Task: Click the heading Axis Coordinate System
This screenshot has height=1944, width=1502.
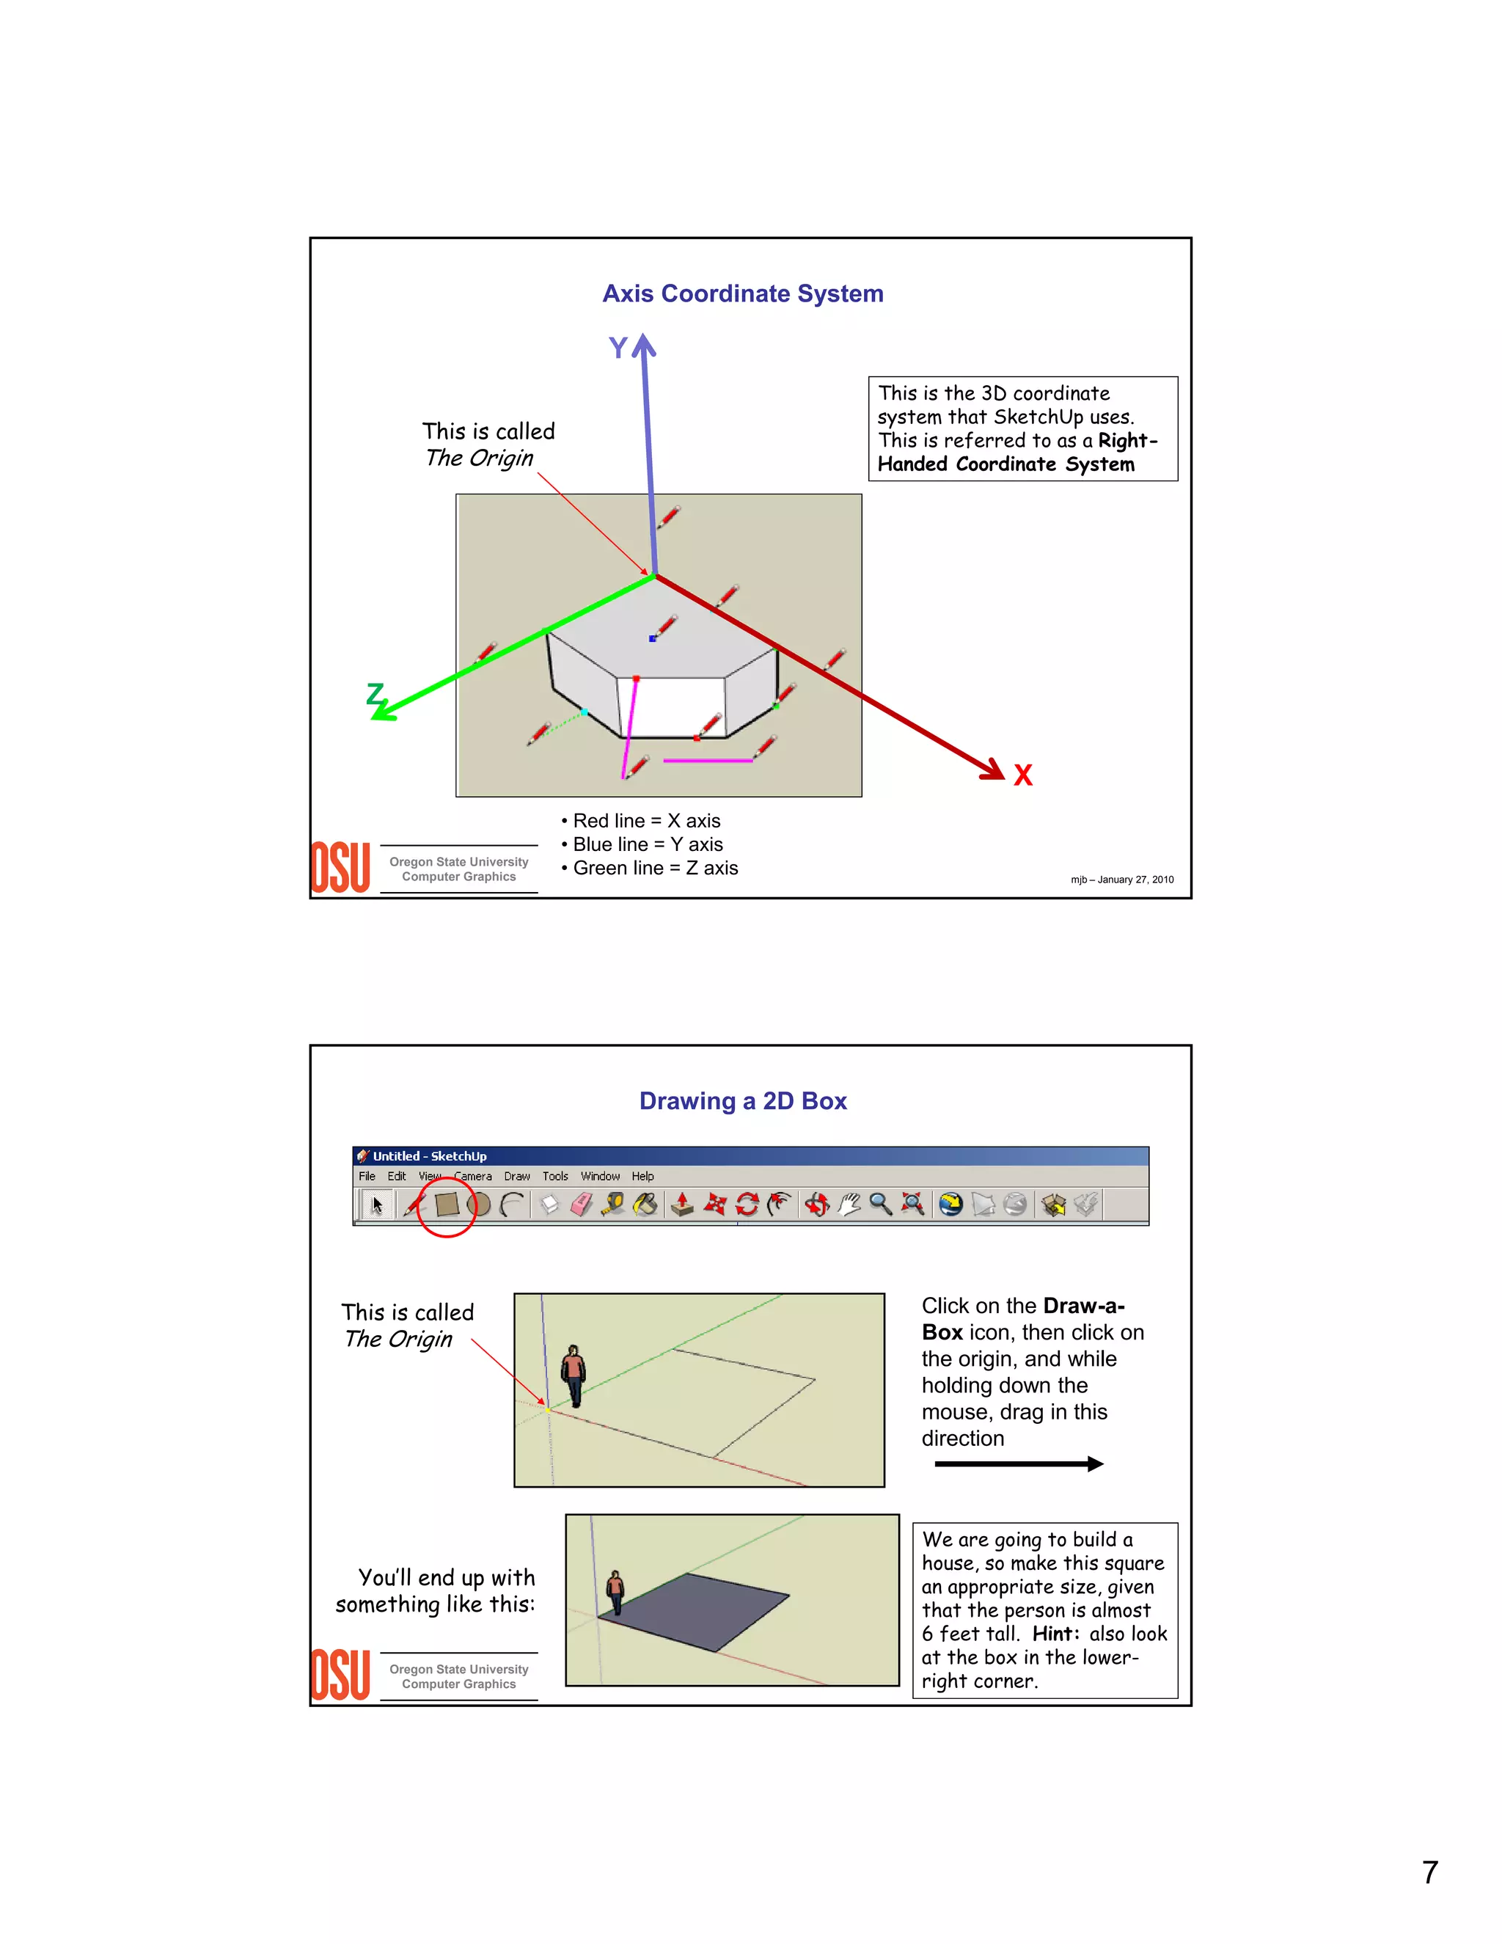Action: click(742, 293)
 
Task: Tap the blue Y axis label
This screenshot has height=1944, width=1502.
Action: click(618, 347)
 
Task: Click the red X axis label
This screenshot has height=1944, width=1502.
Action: click(1022, 775)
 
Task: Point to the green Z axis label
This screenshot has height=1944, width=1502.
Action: click(375, 693)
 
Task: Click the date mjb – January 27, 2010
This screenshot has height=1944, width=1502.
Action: click(1121, 880)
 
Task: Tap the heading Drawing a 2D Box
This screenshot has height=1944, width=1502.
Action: click(742, 1101)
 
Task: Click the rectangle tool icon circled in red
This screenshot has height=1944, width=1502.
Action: click(447, 1205)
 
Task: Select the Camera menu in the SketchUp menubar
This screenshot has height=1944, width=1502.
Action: click(472, 1176)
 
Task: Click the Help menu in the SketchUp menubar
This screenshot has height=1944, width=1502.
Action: click(642, 1176)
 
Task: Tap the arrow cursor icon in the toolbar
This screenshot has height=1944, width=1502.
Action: click(376, 1205)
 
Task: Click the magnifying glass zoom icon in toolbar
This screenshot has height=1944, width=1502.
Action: click(880, 1205)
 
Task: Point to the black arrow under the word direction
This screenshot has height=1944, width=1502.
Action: click(1019, 1464)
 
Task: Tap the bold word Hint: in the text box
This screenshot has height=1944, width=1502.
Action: click(1055, 1634)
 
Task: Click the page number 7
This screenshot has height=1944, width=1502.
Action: click(1429, 1872)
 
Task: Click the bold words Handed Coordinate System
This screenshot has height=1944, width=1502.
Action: click(1005, 464)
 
